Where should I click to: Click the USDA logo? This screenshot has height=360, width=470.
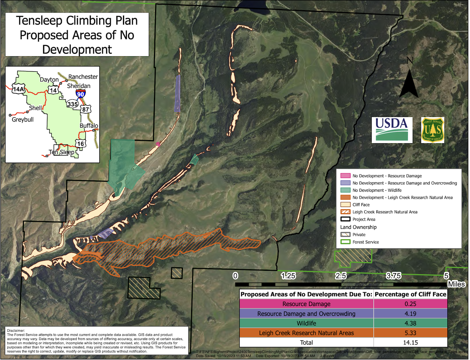[392, 130]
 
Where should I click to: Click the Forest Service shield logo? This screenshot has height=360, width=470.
[432, 130]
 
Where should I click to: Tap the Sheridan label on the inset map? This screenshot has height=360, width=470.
[78, 86]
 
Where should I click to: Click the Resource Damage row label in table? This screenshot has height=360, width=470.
[307, 304]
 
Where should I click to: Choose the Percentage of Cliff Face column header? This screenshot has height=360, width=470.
[411, 294]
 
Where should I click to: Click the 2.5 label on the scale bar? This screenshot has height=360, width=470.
[341, 275]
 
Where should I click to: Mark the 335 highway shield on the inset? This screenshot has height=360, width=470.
[72, 104]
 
